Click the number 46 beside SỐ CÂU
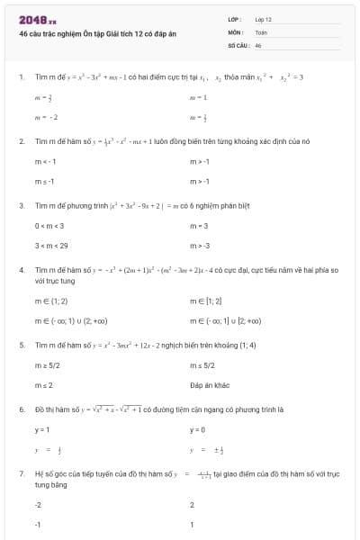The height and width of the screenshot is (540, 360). coord(258,43)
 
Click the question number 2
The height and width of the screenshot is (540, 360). coord(20,141)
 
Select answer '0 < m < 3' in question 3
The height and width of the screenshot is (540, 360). coord(49,225)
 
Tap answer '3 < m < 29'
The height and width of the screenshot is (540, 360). coord(51,245)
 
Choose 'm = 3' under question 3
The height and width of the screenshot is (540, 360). coord(199,225)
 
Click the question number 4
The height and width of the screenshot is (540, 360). coord(20,269)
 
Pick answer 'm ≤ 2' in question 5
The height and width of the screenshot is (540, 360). coord(42,384)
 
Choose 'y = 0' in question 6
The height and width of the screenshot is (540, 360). coord(198,429)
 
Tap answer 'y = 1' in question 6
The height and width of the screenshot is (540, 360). coord(41,429)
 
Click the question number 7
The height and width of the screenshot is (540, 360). coord(20,472)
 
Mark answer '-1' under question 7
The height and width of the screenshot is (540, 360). coord(38,525)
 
